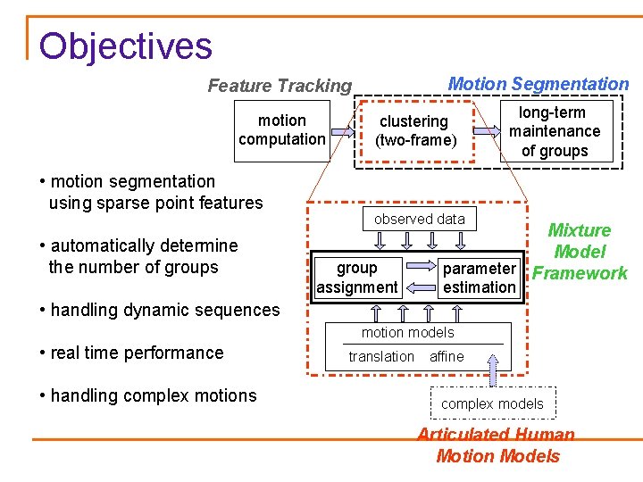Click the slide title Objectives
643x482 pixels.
125,46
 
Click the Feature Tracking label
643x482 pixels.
280,86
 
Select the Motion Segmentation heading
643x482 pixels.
538,84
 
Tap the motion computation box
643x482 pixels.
282,129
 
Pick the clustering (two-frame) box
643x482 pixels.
413,130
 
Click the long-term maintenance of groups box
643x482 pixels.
555,131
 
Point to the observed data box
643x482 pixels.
419,219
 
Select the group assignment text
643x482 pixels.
356,278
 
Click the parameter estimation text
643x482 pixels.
480,278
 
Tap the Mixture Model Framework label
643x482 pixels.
580,252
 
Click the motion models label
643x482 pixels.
407,332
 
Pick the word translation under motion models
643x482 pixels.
381,356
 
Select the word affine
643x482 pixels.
447,356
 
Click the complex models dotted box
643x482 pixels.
492,403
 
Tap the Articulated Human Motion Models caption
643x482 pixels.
497,445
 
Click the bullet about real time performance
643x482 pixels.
132,353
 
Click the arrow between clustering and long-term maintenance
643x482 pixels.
487,130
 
